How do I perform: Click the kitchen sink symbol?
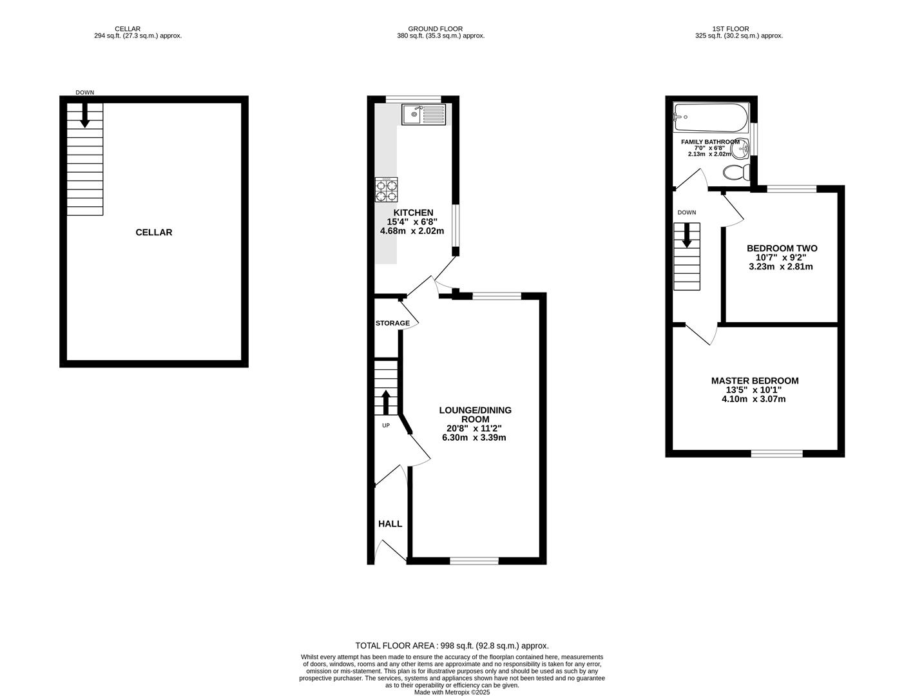(423, 115)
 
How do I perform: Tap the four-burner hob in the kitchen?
(386, 189)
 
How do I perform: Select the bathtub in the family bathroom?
(710, 118)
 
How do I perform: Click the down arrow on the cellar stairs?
(84, 115)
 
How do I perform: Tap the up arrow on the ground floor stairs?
(386, 402)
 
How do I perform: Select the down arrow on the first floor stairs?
(687, 235)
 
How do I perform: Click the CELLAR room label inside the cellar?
(154, 232)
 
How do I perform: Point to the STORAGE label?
(392, 324)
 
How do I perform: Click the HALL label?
(390, 524)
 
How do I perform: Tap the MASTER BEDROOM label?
(755, 381)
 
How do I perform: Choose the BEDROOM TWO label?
(782, 248)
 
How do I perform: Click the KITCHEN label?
(413, 213)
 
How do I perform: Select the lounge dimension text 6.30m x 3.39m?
(474, 438)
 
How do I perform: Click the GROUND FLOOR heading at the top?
(435, 28)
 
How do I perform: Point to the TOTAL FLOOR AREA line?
(452, 645)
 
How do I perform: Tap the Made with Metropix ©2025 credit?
(452, 692)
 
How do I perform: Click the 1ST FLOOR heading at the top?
(730, 28)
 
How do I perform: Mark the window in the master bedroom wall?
(776, 454)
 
